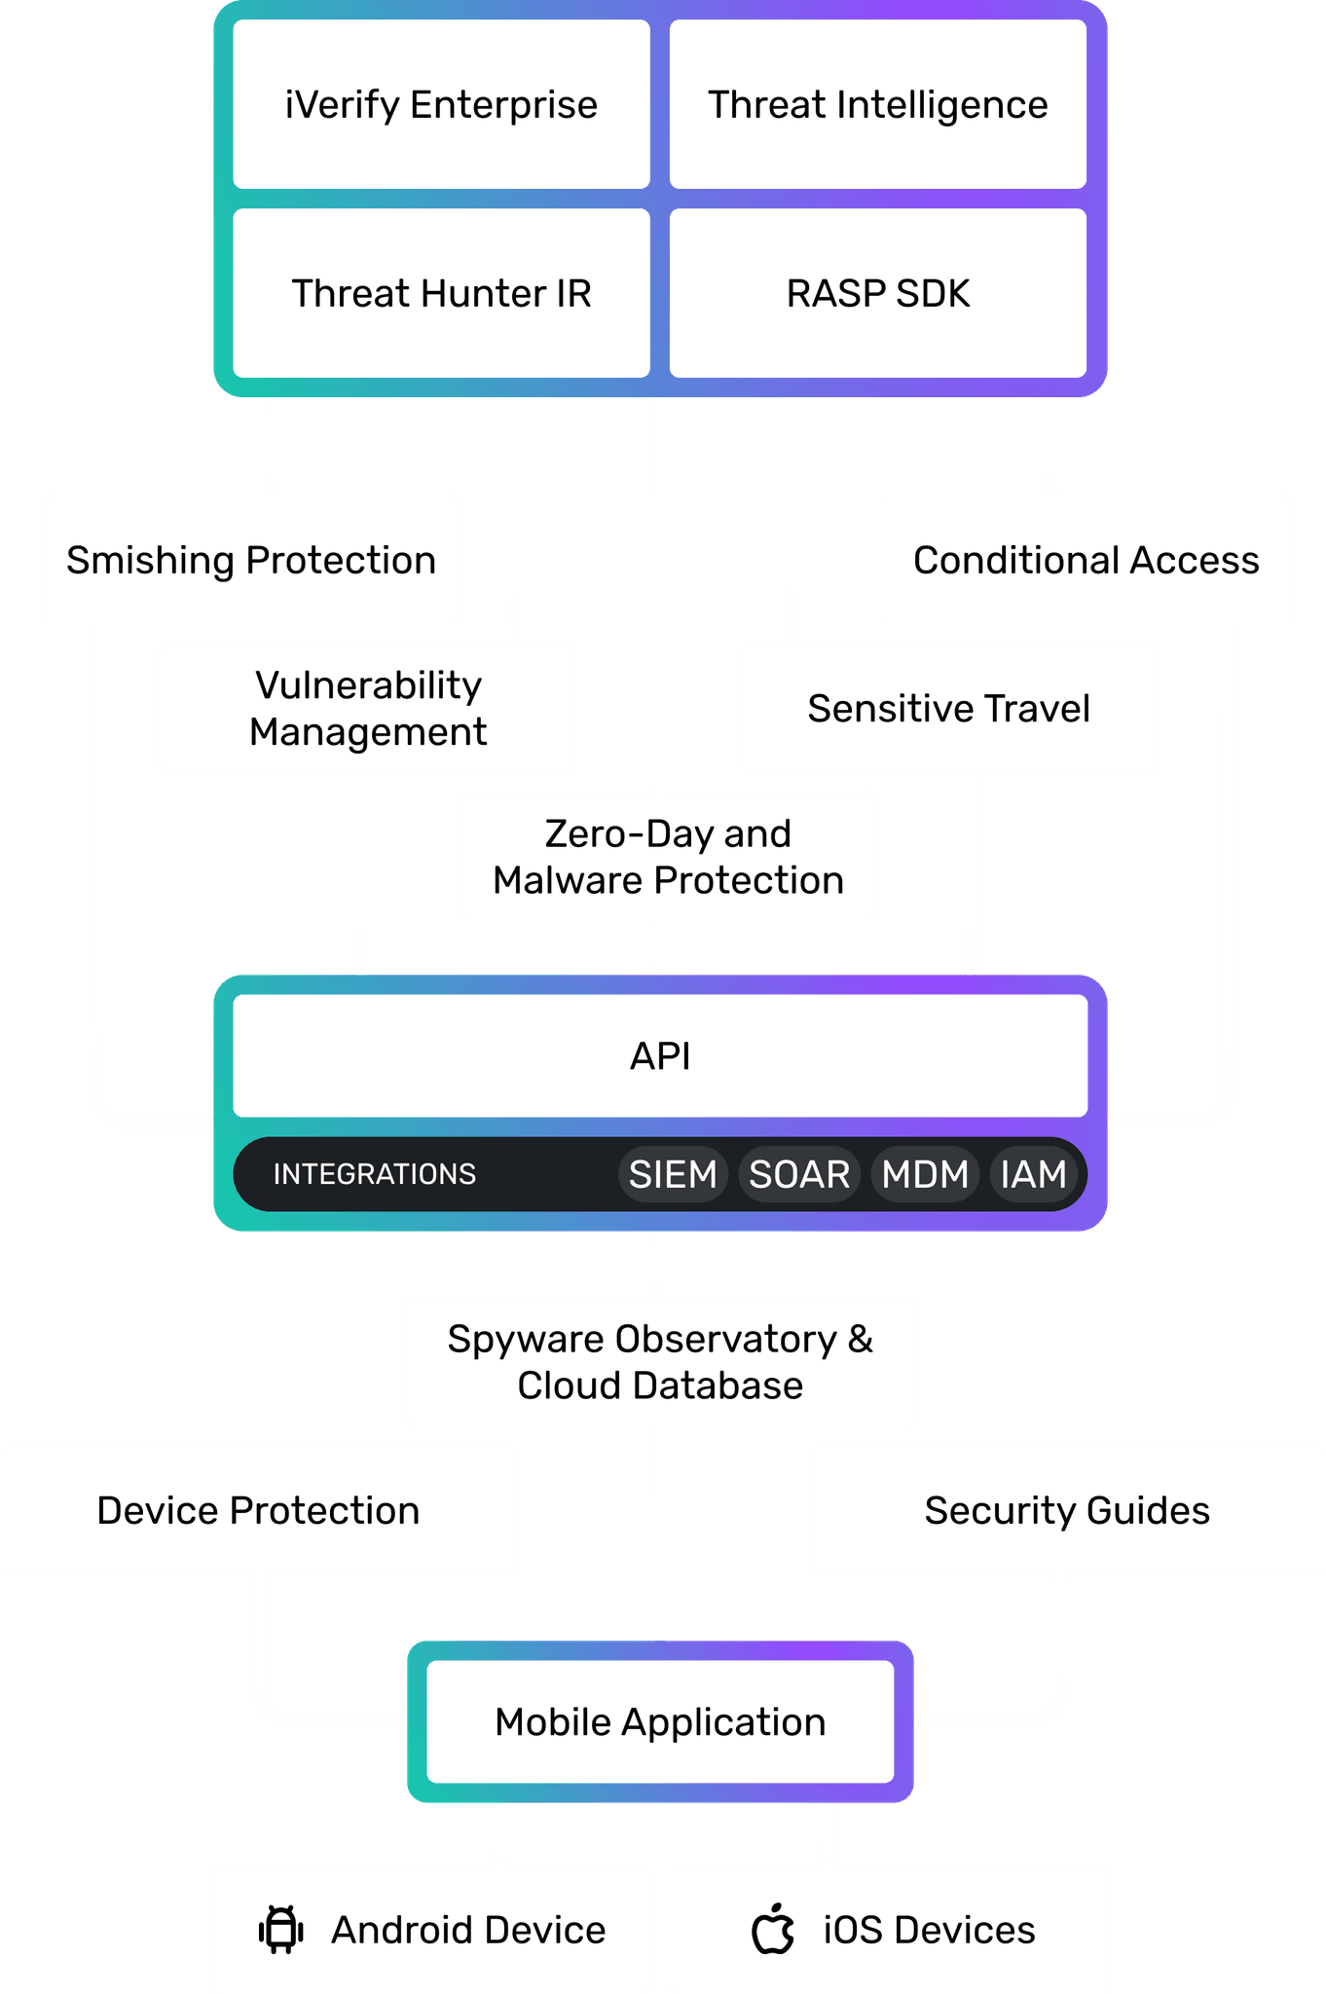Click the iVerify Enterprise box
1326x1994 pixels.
(441, 104)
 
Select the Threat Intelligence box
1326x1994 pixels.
(877, 104)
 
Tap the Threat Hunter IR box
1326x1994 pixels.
(441, 293)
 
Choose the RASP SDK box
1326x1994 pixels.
(877, 293)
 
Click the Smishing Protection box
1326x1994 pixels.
(251, 560)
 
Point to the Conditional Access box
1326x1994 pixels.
(1086, 560)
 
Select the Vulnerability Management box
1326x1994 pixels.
(368, 708)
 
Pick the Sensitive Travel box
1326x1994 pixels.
(948, 708)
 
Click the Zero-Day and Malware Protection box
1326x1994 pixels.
(668, 856)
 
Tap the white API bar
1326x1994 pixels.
(660, 1055)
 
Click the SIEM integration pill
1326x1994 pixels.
(673, 1174)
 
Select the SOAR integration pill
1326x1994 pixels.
(799, 1174)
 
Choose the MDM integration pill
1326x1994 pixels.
(925, 1174)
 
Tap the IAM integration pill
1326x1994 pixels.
(1033, 1174)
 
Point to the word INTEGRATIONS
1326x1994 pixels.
(375, 1174)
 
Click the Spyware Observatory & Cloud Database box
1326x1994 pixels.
(660, 1361)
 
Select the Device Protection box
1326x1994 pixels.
(258, 1510)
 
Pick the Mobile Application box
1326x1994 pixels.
(660, 1721)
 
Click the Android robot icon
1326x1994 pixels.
(281, 1930)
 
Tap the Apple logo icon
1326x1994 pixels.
(773, 1929)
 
